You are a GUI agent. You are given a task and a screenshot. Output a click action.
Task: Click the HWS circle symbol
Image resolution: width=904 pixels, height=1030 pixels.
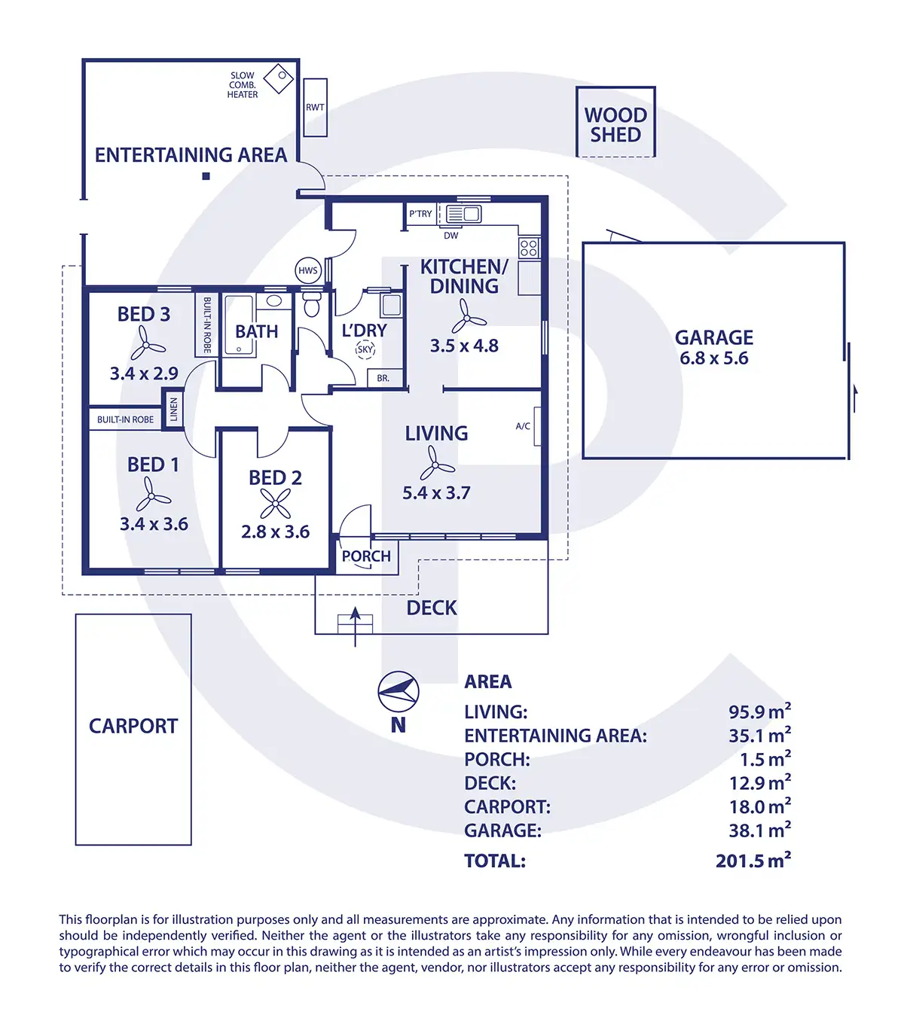pyautogui.click(x=308, y=270)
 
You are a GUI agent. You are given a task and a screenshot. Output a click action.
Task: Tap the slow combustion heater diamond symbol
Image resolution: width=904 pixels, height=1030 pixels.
pyautogui.click(x=278, y=79)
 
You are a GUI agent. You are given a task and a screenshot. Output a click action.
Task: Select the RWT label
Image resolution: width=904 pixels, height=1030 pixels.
pyautogui.click(x=315, y=107)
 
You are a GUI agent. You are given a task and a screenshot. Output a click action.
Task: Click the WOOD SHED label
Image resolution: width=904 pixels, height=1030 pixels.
pyautogui.click(x=615, y=125)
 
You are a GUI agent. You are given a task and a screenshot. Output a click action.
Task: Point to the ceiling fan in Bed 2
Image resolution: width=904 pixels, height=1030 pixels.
pyautogui.click(x=275, y=503)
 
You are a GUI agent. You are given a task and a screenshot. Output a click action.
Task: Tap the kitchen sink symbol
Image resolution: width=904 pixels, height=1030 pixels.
pyautogui.click(x=463, y=214)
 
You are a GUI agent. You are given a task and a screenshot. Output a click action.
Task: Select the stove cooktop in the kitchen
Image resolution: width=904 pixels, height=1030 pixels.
pyautogui.click(x=529, y=248)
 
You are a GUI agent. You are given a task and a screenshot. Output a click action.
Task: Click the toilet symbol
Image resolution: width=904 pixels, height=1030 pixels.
pyautogui.click(x=311, y=303)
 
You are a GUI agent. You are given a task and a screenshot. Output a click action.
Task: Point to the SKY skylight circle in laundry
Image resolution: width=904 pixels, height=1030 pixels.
pyautogui.click(x=365, y=349)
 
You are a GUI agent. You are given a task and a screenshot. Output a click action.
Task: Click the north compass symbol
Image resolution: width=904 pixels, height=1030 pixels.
pyautogui.click(x=399, y=691)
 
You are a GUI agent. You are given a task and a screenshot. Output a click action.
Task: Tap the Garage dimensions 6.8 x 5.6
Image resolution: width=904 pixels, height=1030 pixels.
pyautogui.click(x=713, y=358)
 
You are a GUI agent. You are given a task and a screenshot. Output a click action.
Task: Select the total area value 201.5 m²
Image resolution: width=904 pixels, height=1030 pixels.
pyautogui.click(x=753, y=860)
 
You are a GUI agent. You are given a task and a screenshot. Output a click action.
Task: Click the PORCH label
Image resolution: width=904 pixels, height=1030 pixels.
pyautogui.click(x=366, y=556)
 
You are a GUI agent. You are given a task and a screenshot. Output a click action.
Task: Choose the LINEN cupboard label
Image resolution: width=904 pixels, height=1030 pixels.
pyautogui.click(x=173, y=410)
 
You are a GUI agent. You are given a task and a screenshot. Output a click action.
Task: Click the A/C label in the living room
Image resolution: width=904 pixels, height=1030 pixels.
pyautogui.click(x=523, y=426)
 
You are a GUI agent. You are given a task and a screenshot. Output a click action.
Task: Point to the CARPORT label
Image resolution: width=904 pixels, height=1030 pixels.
pyautogui.click(x=133, y=726)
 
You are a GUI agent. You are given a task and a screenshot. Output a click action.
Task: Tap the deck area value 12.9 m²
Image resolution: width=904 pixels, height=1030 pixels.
pyautogui.click(x=760, y=782)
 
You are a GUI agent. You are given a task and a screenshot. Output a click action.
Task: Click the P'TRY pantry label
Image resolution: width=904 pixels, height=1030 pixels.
pyautogui.click(x=420, y=214)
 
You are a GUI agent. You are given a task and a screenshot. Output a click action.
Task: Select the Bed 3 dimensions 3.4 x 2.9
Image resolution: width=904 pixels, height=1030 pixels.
pyautogui.click(x=144, y=373)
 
